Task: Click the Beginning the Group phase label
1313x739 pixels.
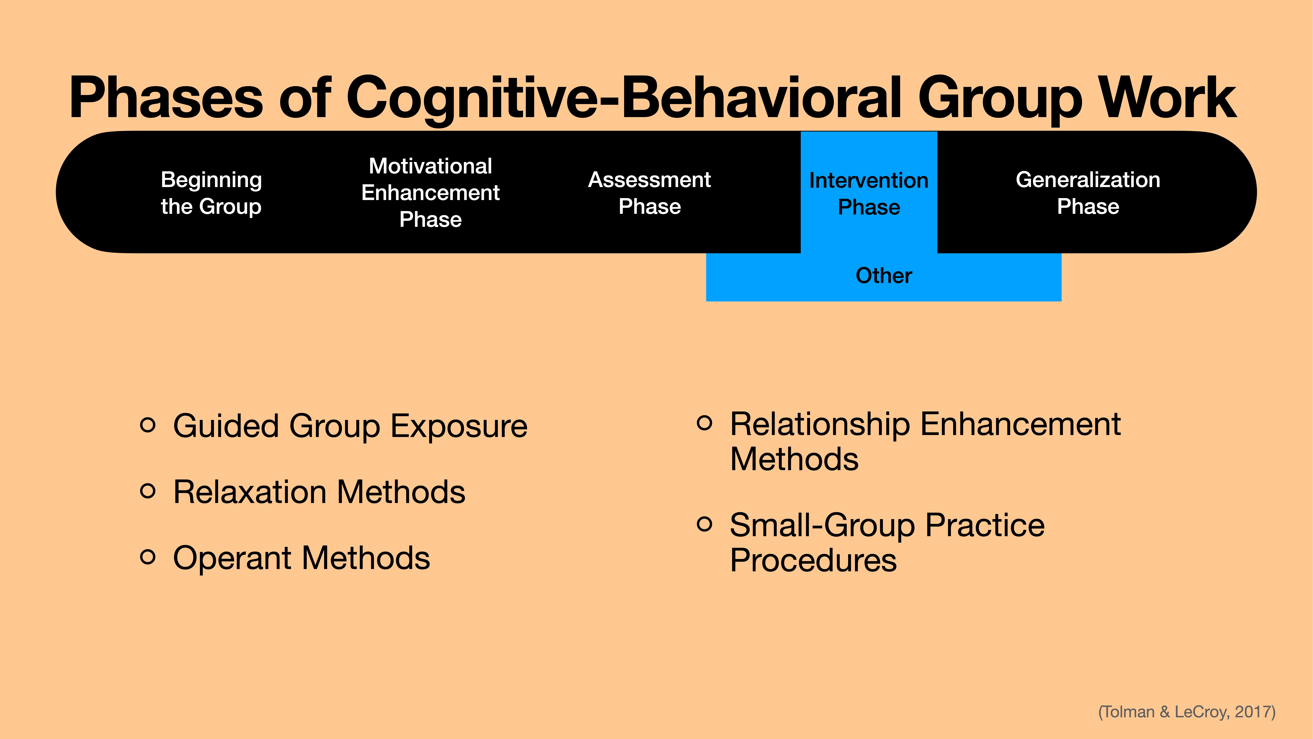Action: [x=211, y=193]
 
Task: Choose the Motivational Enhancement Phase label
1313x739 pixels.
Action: [x=430, y=193]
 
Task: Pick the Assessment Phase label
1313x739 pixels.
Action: [x=649, y=193]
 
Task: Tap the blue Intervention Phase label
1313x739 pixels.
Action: [x=869, y=194]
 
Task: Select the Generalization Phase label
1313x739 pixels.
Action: [x=1088, y=193]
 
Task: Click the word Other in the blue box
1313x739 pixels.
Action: [x=883, y=275]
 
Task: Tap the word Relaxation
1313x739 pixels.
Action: [x=250, y=492]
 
